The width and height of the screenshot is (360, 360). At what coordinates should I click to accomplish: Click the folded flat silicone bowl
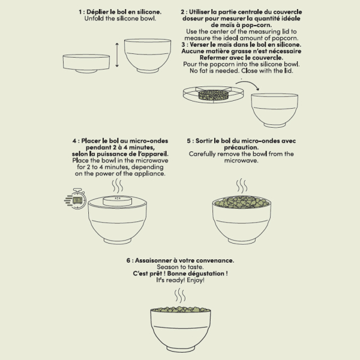(86, 64)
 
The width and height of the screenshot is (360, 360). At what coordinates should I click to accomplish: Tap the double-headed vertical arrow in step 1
(117, 55)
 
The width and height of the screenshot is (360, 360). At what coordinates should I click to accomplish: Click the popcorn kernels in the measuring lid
(214, 95)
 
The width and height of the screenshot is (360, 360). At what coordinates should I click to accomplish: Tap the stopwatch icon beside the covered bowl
(76, 199)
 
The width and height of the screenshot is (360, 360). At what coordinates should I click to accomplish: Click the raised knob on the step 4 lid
(118, 201)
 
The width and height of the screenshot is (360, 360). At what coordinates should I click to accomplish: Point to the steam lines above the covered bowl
(118, 186)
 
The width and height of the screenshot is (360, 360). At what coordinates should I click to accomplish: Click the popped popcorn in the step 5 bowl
(242, 202)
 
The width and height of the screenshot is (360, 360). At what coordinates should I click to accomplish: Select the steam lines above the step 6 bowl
(180, 295)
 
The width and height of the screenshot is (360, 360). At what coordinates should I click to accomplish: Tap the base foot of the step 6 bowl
(181, 349)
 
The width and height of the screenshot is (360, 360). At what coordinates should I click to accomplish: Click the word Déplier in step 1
(97, 12)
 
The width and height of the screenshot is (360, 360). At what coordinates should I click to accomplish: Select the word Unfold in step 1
(94, 19)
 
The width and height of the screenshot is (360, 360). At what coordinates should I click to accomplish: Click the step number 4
(74, 141)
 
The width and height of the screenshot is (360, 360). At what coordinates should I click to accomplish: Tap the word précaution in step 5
(241, 148)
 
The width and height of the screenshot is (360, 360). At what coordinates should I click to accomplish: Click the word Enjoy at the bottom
(196, 280)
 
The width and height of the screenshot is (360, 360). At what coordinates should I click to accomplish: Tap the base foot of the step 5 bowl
(242, 241)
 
